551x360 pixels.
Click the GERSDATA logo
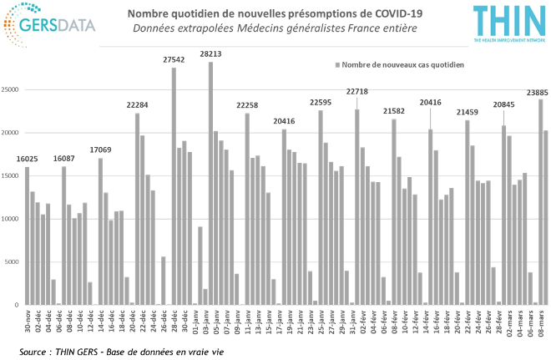50,24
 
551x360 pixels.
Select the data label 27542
174,60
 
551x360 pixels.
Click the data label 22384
137,105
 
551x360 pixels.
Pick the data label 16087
63,158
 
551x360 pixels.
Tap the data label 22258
247,105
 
